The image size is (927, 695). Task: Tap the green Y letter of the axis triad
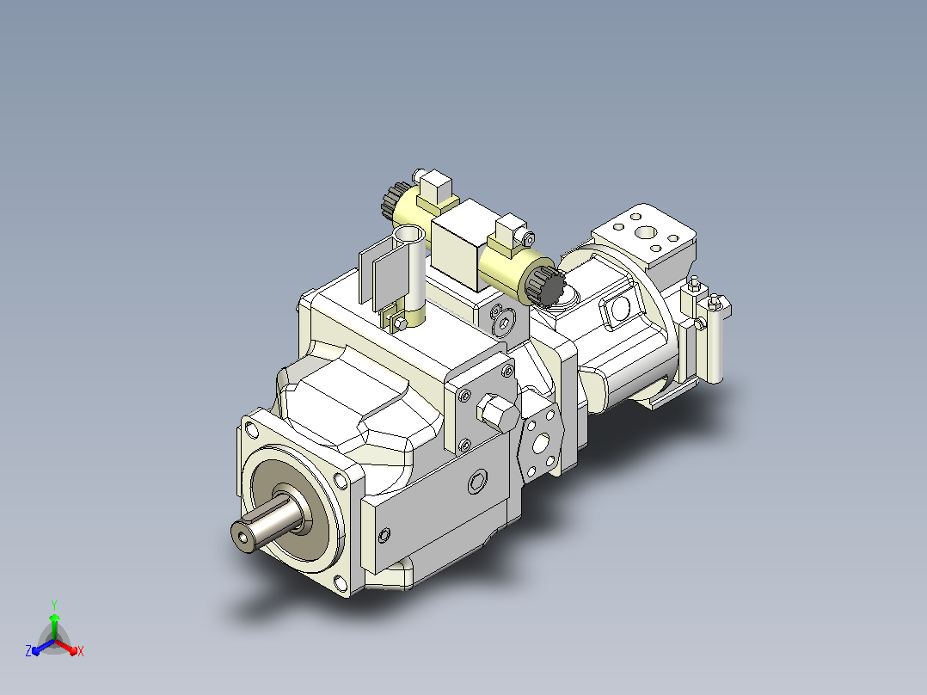tap(54, 605)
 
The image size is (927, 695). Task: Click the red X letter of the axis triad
tap(81, 651)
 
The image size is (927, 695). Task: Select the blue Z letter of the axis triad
tap(28, 651)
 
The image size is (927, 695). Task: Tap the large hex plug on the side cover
tap(498, 412)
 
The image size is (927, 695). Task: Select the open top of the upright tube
tap(408, 235)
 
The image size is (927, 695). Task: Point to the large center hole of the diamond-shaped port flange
tap(540, 443)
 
